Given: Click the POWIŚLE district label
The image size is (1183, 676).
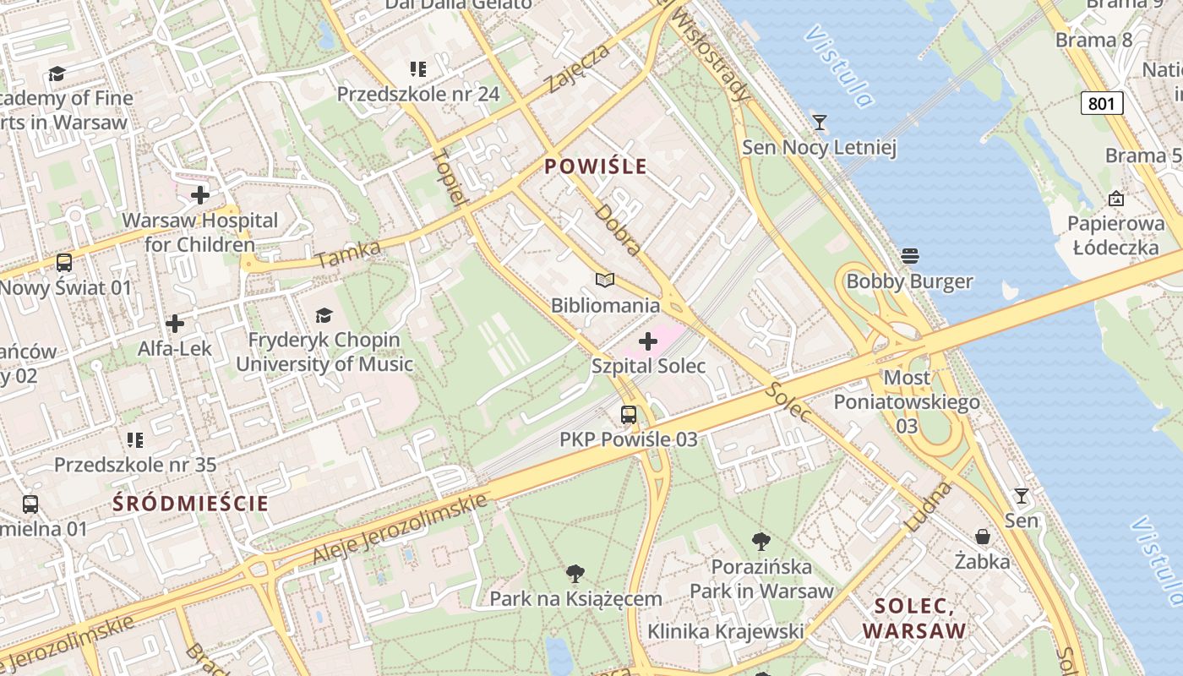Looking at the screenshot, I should [x=596, y=166].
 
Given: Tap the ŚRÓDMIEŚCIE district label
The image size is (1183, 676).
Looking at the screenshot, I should [x=190, y=504].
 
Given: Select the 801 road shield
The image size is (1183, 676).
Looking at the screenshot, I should [x=1102, y=103].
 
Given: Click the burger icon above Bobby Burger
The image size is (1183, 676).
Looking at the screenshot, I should [x=910, y=255].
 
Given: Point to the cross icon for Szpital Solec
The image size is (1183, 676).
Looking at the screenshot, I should [x=648, y=341].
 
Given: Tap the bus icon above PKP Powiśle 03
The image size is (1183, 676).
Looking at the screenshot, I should [x=629, y=414].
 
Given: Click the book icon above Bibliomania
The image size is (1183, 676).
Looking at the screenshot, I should [x=605, y=280].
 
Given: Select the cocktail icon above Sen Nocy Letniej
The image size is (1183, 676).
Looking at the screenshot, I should [x=819, y=123].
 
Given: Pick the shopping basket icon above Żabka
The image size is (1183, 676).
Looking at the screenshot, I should [x=983, y=537].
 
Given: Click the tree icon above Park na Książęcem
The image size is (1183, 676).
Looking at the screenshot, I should [x=575, y=574].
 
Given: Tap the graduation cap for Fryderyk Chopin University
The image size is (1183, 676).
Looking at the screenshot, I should [x=324, y=315].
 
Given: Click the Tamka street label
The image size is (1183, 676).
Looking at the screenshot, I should [x=348, y=254].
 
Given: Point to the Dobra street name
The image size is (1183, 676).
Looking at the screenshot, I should [x=619, y=229].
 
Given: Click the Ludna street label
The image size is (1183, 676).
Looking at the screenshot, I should [x=928, y=506].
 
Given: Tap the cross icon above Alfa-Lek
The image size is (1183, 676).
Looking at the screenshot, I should [x=175, y=324].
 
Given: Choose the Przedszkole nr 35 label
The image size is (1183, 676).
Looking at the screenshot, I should [x=135, y=464].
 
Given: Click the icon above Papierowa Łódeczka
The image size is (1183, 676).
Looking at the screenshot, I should [x=1116, y=199].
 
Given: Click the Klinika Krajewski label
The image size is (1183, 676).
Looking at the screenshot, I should [x=725, y=631].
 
